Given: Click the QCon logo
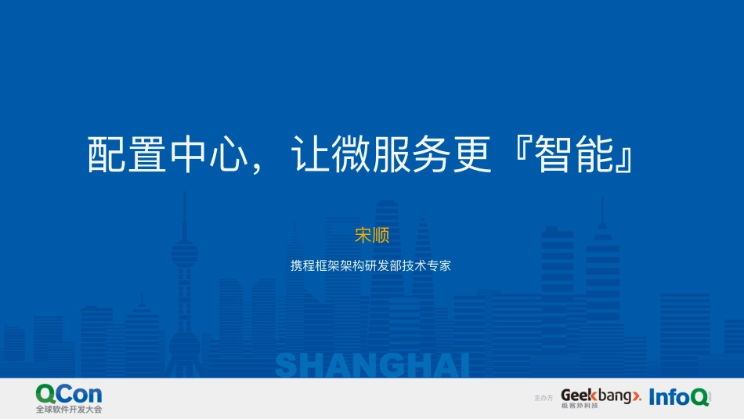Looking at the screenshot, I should pyautogui.click(x=69, y=394).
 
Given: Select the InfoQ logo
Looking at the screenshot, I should pyautogui.click(x=679, y=397).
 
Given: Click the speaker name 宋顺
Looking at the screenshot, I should pyautogui.click(x=372, y=235).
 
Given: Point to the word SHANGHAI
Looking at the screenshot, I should pyautogui.click(x=372, y=365).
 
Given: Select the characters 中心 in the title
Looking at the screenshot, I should pyautogui.click(x=207, y=154).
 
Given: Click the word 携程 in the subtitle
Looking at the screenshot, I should pyautogui.click(x=302, y=265).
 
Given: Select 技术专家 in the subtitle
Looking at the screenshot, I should pyautogui.click(x=428, y=265).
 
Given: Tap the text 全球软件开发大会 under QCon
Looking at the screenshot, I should pyautogui.click(x=69, y=410).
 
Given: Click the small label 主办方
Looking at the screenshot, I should pyautogui.click(x=543, y=399).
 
